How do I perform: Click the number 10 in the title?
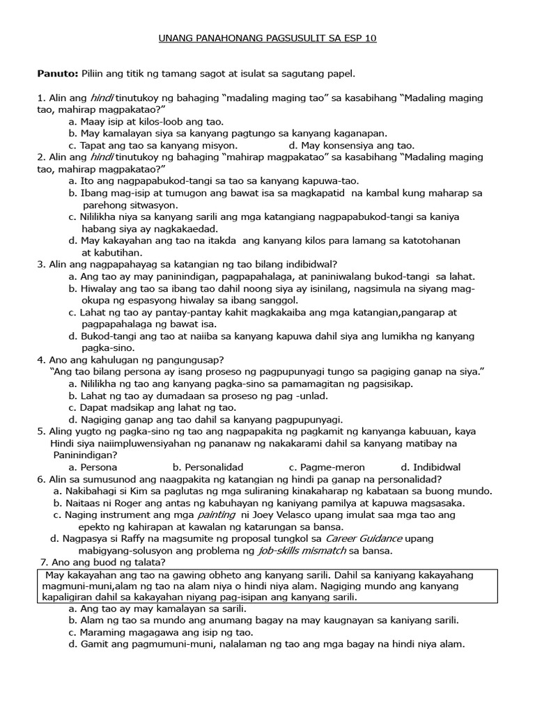[369, 38]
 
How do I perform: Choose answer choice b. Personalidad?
[208, 467]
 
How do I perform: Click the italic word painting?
[217, 515]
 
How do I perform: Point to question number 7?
[44, 563]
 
